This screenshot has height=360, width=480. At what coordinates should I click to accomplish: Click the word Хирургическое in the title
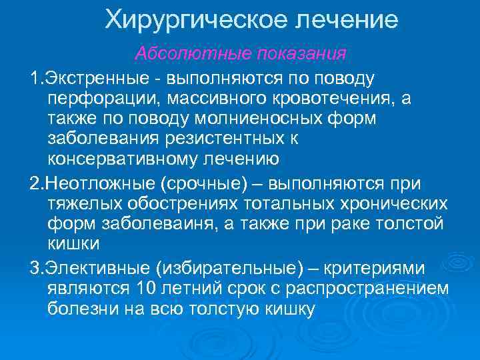193,21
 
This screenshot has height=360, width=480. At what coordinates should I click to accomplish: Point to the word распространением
374,288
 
